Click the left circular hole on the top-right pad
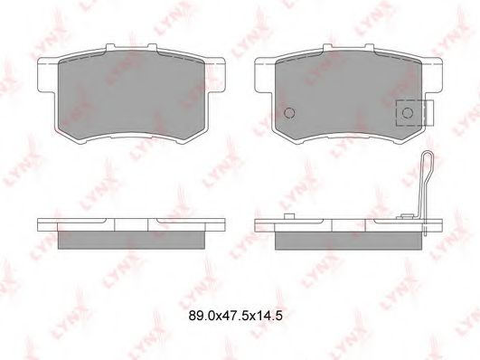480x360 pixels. pyautogui.click(x=289, y=113)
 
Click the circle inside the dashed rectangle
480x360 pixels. pyautogui.click(x=408, y=113)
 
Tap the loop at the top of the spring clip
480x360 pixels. pyautogui.click(x=428, y=159)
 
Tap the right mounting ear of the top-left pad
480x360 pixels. pyautogui.click(x=215, y=74)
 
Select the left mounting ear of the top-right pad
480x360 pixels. pyautogui.click(x=265, y=74)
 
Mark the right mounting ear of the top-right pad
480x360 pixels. pyautogui.click(x=432, y=74)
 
